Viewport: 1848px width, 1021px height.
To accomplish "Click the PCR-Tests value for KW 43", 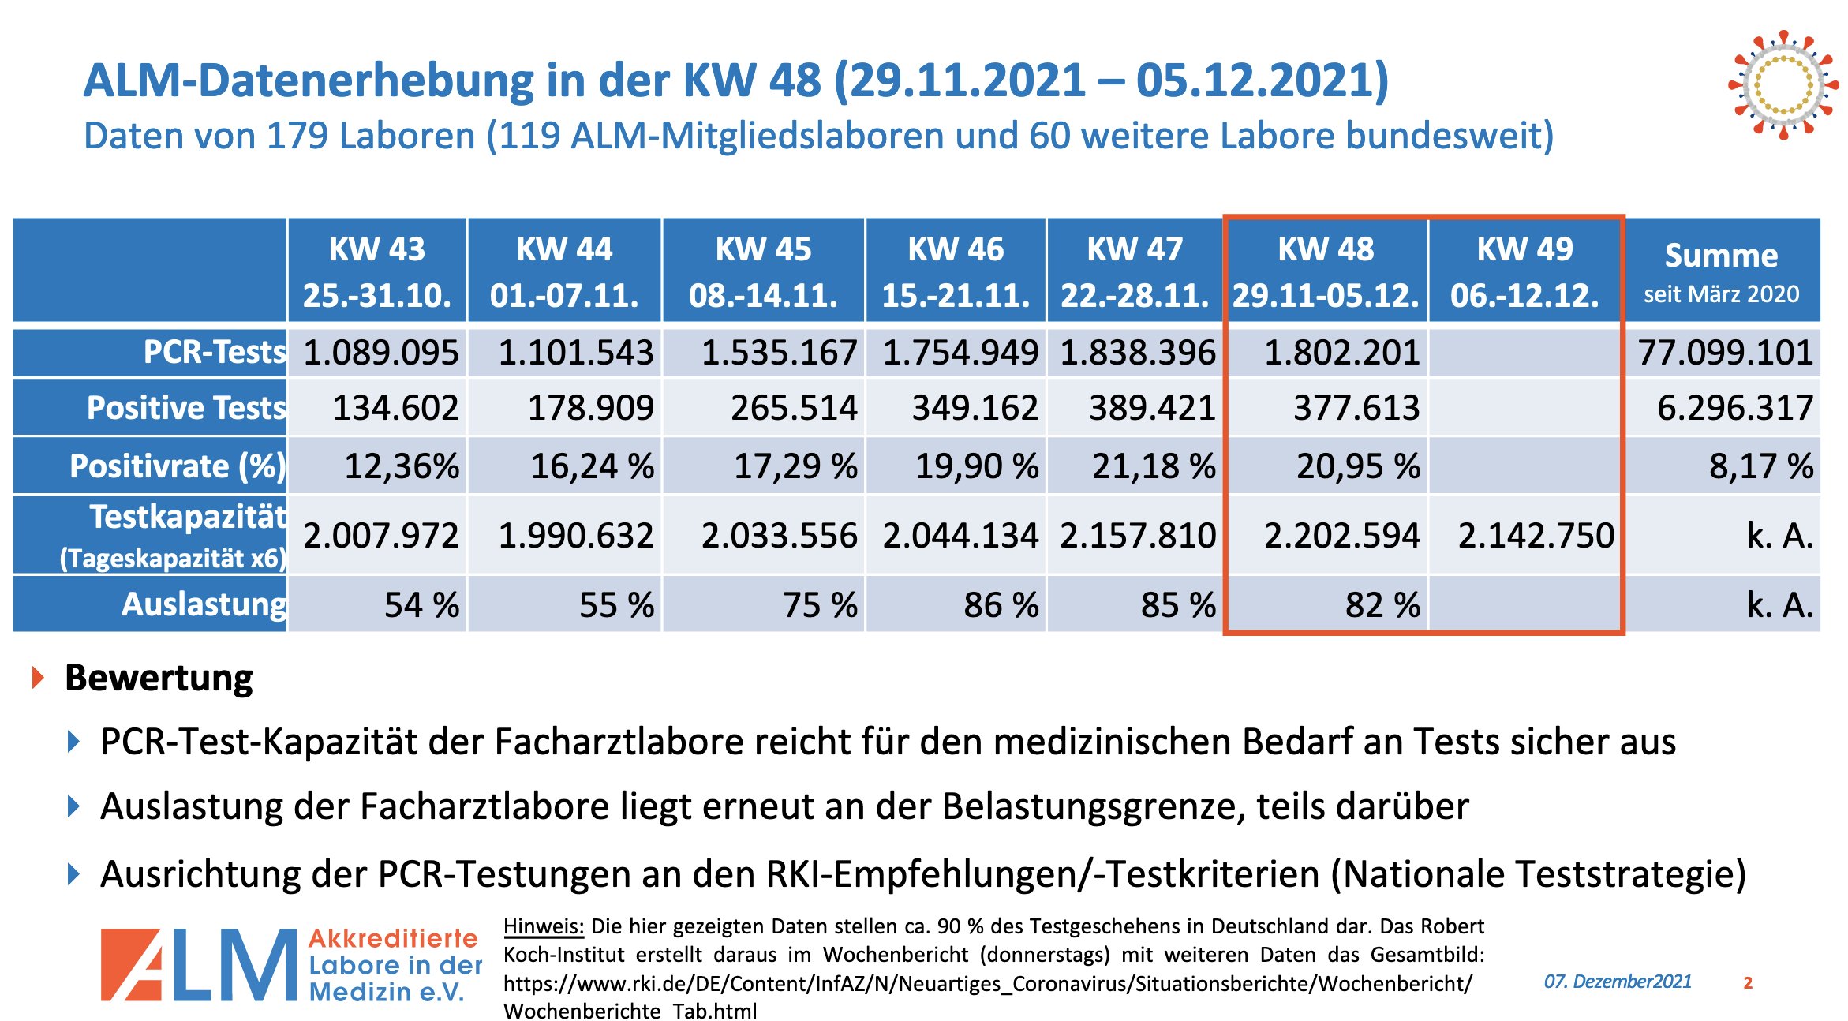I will [x=380, y=353].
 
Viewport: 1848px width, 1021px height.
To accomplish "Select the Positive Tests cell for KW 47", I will [x=1152, y=408].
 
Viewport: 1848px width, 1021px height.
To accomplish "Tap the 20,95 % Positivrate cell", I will [x=1357, y=466].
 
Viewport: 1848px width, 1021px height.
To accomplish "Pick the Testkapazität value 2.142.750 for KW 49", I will [x=1536, y=536].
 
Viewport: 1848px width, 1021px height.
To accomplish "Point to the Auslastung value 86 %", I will [x=1001, y=605].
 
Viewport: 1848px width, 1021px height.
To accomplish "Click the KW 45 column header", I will [x=763, y=271].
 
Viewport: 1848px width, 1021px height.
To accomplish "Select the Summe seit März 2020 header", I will [x=1721, y=271].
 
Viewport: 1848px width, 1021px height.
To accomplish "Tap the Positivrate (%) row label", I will [x=177, y=466].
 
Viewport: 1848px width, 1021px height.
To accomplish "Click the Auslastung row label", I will [x=204, y=604].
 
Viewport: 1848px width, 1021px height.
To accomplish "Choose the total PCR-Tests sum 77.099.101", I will [x=1725, y=353].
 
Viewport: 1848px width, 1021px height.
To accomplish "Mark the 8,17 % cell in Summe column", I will [x=1760, y=466].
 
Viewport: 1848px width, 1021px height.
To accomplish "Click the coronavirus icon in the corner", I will [x=1782, y=84].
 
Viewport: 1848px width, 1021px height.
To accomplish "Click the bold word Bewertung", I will [x=159, y=678].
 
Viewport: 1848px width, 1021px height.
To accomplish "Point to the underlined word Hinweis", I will [x=543, y=926].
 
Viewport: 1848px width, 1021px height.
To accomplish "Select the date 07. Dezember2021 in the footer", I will [x=1617, y=982].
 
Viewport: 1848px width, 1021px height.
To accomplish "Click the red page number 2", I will [x=1748, y=983].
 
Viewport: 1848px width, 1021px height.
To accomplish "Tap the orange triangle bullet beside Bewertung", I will [x=37, y=677].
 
